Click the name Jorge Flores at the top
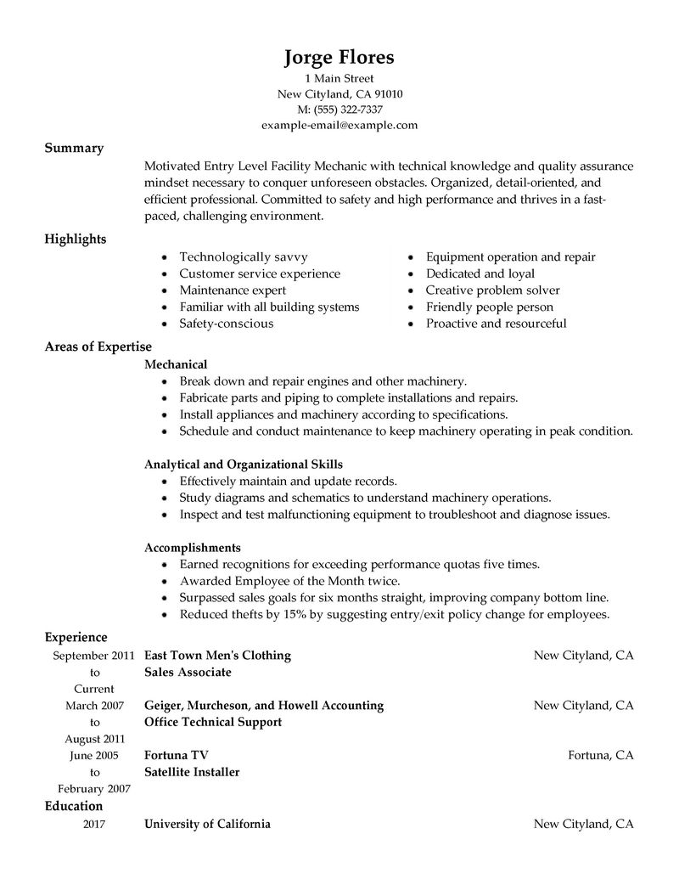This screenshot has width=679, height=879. pyautogui.click(x=339, y=58)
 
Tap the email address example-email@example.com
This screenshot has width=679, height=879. pyautogui.click(x=339, y=125)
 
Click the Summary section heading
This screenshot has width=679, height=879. pyautogui.click(x=74, y=148)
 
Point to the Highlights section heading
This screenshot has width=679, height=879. pyautogui.click(x=76, y=239)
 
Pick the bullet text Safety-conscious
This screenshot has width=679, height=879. pyautogui.click(x=226, y=324)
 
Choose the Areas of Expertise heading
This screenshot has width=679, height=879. pyautogui.click(x=98, y=346)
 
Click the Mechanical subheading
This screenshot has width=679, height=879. pyautogui.click(x=176, y=363)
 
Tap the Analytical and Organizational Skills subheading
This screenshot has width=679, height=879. pyautogui.click(x=244, y=464)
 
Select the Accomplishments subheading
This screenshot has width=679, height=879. pyautogui.click(x=193, y=547)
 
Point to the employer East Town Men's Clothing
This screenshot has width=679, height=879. pyautogui.click(x=217, y=655)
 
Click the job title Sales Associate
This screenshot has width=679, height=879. pyautogui.click(x=188, y=672)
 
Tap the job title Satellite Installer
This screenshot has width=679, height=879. pyautogui.click(x=192, y=772)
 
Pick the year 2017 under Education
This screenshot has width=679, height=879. pyautogui.click(x=94, y=823)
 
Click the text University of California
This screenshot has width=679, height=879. pyautogui.click(x=207, y=823)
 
